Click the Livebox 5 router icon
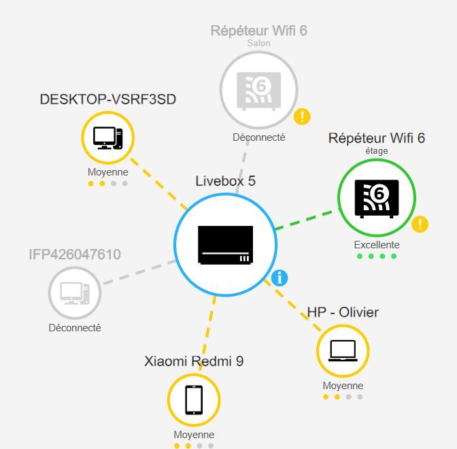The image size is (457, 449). click(x=225, y=245)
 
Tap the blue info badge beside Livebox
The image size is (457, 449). click(x=280, y=278)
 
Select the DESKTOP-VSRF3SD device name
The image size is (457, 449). click(x=108, y=99)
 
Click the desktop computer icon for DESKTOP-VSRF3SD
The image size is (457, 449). click(x=108, y=138)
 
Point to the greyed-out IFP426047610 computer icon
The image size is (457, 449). click(x=75, y=293)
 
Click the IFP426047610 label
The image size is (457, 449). click(x=75, y=254)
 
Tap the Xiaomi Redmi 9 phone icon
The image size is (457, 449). click(x=194, y=400)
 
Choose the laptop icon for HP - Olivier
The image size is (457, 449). click(x=343, y=351)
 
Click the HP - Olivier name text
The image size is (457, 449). click(x=343, y=312)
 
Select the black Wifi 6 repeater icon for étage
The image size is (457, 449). click(x=377, y=199)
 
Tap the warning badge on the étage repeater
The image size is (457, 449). click(x=420, y=224)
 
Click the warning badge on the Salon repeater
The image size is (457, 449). click(x=302, y=116)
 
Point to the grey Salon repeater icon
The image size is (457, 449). click(x=259, y=91)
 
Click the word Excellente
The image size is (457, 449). click(x=377, y=245)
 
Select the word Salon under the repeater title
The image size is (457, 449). click(x=259, y=43)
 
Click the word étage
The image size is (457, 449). click(x=377, y=151)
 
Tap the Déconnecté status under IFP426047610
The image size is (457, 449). click(x=75, y=328)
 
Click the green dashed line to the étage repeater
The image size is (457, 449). click(x=308, y=219)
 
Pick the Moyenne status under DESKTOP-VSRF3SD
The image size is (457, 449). click(x=108, y=172)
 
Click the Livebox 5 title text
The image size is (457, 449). click(x=225, y=181)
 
